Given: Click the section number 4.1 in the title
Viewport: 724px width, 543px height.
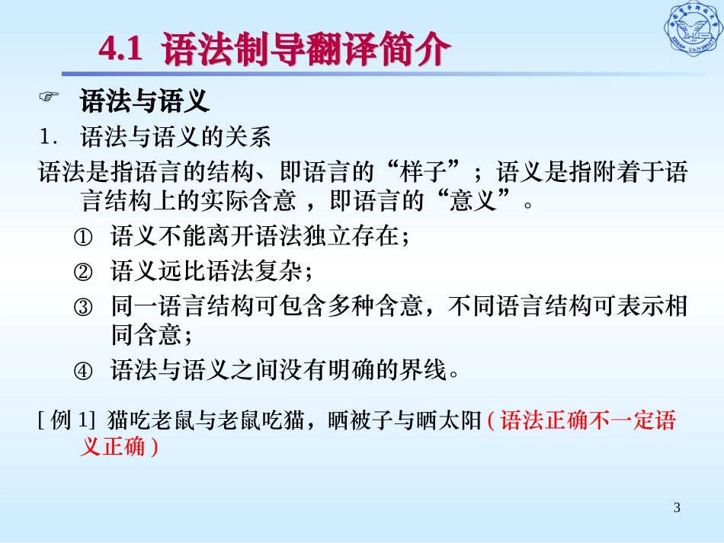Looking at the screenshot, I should (121, 51).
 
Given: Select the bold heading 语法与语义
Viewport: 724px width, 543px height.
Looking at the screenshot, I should (144, 100).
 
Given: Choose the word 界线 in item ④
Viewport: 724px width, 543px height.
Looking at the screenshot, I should (428, 372).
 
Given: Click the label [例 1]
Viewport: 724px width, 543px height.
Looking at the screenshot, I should (66, 420).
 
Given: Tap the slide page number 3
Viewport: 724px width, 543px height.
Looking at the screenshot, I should (676, 508).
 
